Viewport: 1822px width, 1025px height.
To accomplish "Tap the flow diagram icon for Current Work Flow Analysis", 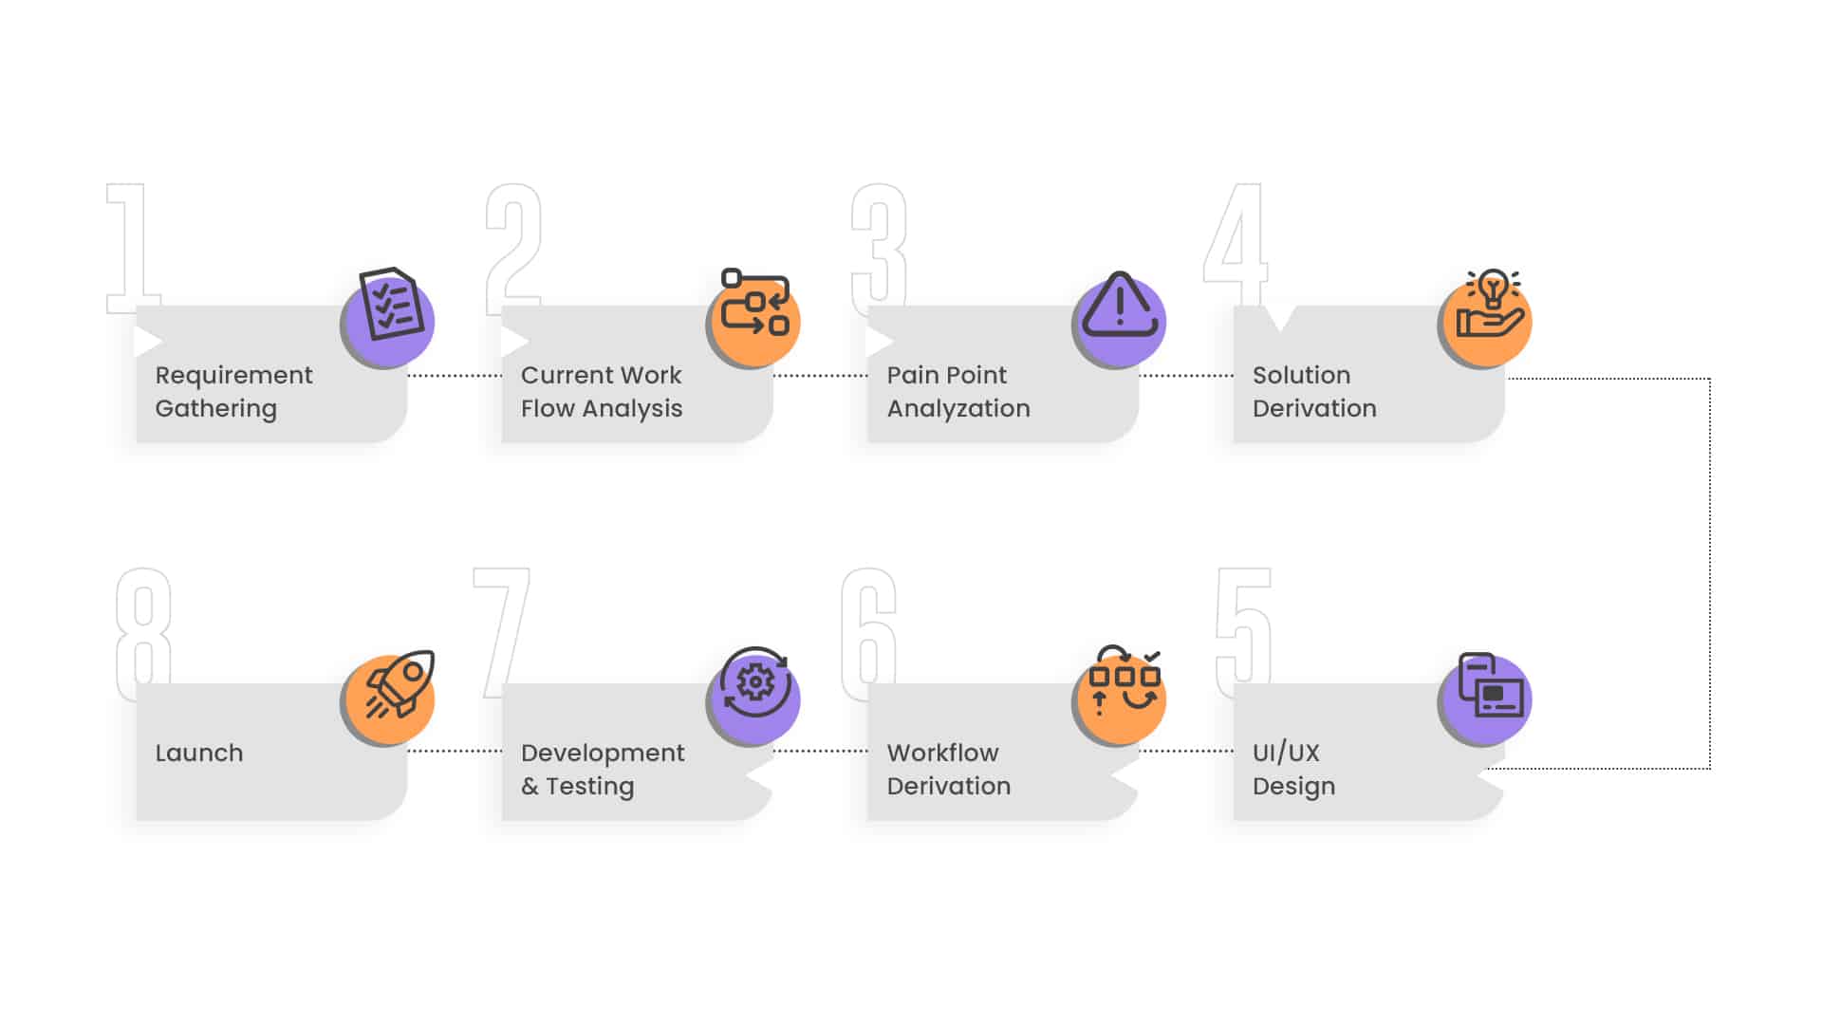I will pos(755,303).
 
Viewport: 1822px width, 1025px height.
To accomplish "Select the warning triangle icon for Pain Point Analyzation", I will pos(1120,306).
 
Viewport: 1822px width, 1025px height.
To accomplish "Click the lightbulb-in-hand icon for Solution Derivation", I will pos(1490,304).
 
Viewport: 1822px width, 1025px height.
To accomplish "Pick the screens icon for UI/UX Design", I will pos(1490,685).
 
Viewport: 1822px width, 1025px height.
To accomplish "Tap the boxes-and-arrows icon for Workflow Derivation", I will pos(1124,680).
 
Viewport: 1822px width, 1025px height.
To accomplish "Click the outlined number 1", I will pos(131,249).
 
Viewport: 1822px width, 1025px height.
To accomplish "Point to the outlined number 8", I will pos(143,634).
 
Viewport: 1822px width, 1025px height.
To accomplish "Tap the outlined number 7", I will pos(502,632).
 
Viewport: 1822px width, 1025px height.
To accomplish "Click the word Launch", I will pos(199,753).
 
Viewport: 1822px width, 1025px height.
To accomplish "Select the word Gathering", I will pos(216,409).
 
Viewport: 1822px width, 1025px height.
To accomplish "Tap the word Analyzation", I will pos(958,409).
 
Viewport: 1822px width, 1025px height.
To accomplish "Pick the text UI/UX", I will pos(1286,753).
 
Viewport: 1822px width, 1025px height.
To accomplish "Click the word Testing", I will pos(589,787).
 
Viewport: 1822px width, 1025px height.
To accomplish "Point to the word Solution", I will pos(1301,375).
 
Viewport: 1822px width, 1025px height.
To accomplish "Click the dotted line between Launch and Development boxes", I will pos(455,751).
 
